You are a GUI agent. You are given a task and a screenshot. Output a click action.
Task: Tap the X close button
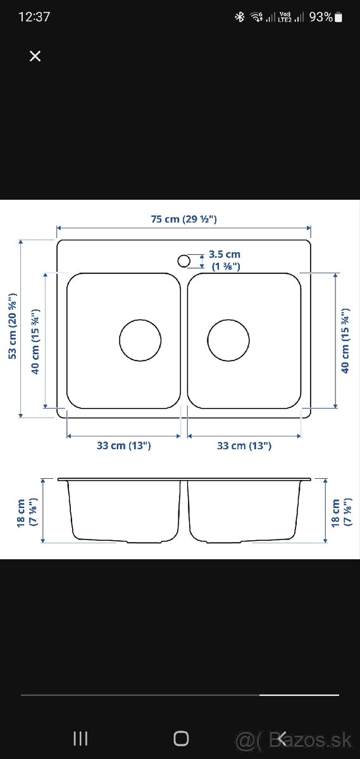(35, 56)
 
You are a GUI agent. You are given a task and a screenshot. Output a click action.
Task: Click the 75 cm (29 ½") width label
(184, 219)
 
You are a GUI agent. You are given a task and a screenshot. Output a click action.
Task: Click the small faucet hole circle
(183, 260)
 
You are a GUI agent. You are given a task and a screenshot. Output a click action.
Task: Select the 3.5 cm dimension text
(225, 254)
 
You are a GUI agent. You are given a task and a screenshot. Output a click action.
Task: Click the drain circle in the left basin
(140, 340)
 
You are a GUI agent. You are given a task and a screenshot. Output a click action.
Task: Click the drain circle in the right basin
(228, 340)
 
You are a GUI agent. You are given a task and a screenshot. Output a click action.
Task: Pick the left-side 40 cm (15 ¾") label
(36, 342)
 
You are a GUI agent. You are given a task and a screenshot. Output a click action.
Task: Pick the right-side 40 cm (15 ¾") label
(345, 342)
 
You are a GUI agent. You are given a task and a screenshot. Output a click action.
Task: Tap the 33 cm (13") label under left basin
(124, 445)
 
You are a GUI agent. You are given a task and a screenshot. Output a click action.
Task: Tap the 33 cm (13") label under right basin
(244, 445)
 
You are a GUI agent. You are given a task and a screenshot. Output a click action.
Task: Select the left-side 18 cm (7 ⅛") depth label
(25, 512)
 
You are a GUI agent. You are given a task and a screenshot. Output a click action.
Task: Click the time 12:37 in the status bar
(34, 17)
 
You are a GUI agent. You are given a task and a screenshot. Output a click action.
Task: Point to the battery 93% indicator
(325, 17)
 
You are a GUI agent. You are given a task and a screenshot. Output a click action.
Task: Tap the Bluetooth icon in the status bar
(239, 17)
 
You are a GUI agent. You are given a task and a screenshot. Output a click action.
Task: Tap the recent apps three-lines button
(80, 737)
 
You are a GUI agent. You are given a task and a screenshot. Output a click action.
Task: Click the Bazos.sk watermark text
(304, 739)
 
